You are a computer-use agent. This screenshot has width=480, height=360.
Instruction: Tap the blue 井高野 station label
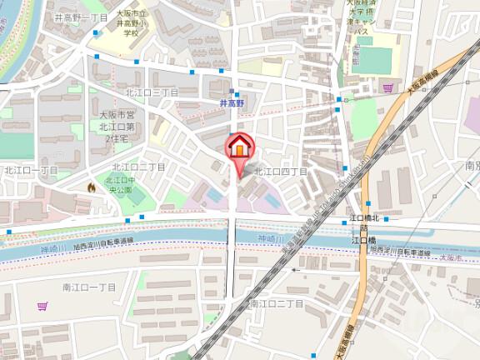pyautogui.click(x=235, y=103)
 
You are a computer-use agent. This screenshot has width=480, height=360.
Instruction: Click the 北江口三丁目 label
pyautogui.click(x=152, y=92)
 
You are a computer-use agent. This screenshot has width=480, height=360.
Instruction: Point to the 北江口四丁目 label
pyautogui.click(x=281, y=172)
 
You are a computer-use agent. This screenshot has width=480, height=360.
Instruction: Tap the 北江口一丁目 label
pyautogui.click(x=31, y=170)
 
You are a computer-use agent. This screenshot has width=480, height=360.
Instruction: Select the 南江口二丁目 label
pyautogui.click(x=277, y=302)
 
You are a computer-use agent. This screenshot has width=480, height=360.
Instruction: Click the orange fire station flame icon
pyautogui.click(x=91, y=188)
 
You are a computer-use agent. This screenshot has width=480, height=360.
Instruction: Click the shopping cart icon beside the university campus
pyautogui.click(x=387, y=87)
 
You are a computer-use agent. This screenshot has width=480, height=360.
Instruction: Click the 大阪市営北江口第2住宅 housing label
pyautogui.click(x=116, y=126)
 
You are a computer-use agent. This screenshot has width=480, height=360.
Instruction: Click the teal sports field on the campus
pyautogui.click(x=375, y=60)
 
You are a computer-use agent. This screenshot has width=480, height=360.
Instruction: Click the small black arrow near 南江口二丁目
pyautogui.click(x=295, y=269)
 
